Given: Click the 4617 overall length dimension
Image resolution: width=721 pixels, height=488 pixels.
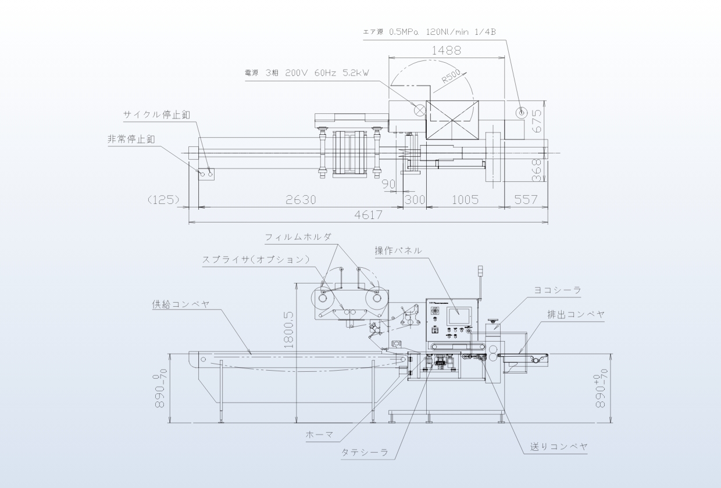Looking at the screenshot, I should pos(368,215).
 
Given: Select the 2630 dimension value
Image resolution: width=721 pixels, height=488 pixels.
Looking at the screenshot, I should pos(301,200).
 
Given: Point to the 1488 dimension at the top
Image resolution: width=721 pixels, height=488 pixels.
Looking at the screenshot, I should pos(446,51).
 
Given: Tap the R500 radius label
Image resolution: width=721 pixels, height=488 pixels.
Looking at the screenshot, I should pos(451,77).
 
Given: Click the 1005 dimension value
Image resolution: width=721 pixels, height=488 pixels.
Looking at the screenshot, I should pos(465,200).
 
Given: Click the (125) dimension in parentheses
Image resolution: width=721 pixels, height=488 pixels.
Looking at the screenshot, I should pos(163,200).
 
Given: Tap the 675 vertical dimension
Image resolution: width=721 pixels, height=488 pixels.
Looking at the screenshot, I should pos(537,121).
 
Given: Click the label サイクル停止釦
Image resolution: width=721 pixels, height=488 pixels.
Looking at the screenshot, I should pos(156,114).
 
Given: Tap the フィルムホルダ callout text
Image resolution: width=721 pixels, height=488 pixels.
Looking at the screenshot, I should pos(298,237).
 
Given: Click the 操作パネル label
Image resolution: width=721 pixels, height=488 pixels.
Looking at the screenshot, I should pos(398,250).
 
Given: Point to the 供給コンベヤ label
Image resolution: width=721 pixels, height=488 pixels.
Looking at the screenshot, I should pos(181,304).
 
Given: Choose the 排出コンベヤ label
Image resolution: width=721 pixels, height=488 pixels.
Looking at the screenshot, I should pos(576,314).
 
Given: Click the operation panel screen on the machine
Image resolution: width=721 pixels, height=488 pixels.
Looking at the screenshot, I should pos(459,315).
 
